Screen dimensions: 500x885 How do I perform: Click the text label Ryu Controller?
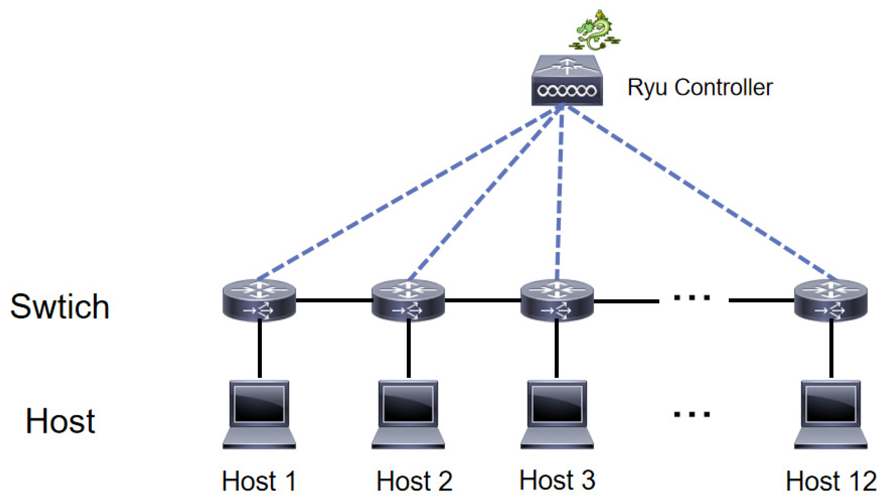(700, 88)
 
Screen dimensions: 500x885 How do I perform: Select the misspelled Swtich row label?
(60, 307)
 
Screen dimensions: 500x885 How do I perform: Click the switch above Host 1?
(259, 300)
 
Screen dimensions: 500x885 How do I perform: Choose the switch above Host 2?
(408, 300)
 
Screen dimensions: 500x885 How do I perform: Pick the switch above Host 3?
(557, 300)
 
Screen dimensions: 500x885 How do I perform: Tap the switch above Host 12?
(830, 300)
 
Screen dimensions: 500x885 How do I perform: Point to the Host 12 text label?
(831, 482)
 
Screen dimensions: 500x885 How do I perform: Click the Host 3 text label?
(557, 481)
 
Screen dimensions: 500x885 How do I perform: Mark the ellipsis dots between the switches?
(692, 298)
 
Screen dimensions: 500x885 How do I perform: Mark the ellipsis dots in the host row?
(692, 414)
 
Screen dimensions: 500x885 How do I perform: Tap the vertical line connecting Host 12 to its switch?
(831, 349)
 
